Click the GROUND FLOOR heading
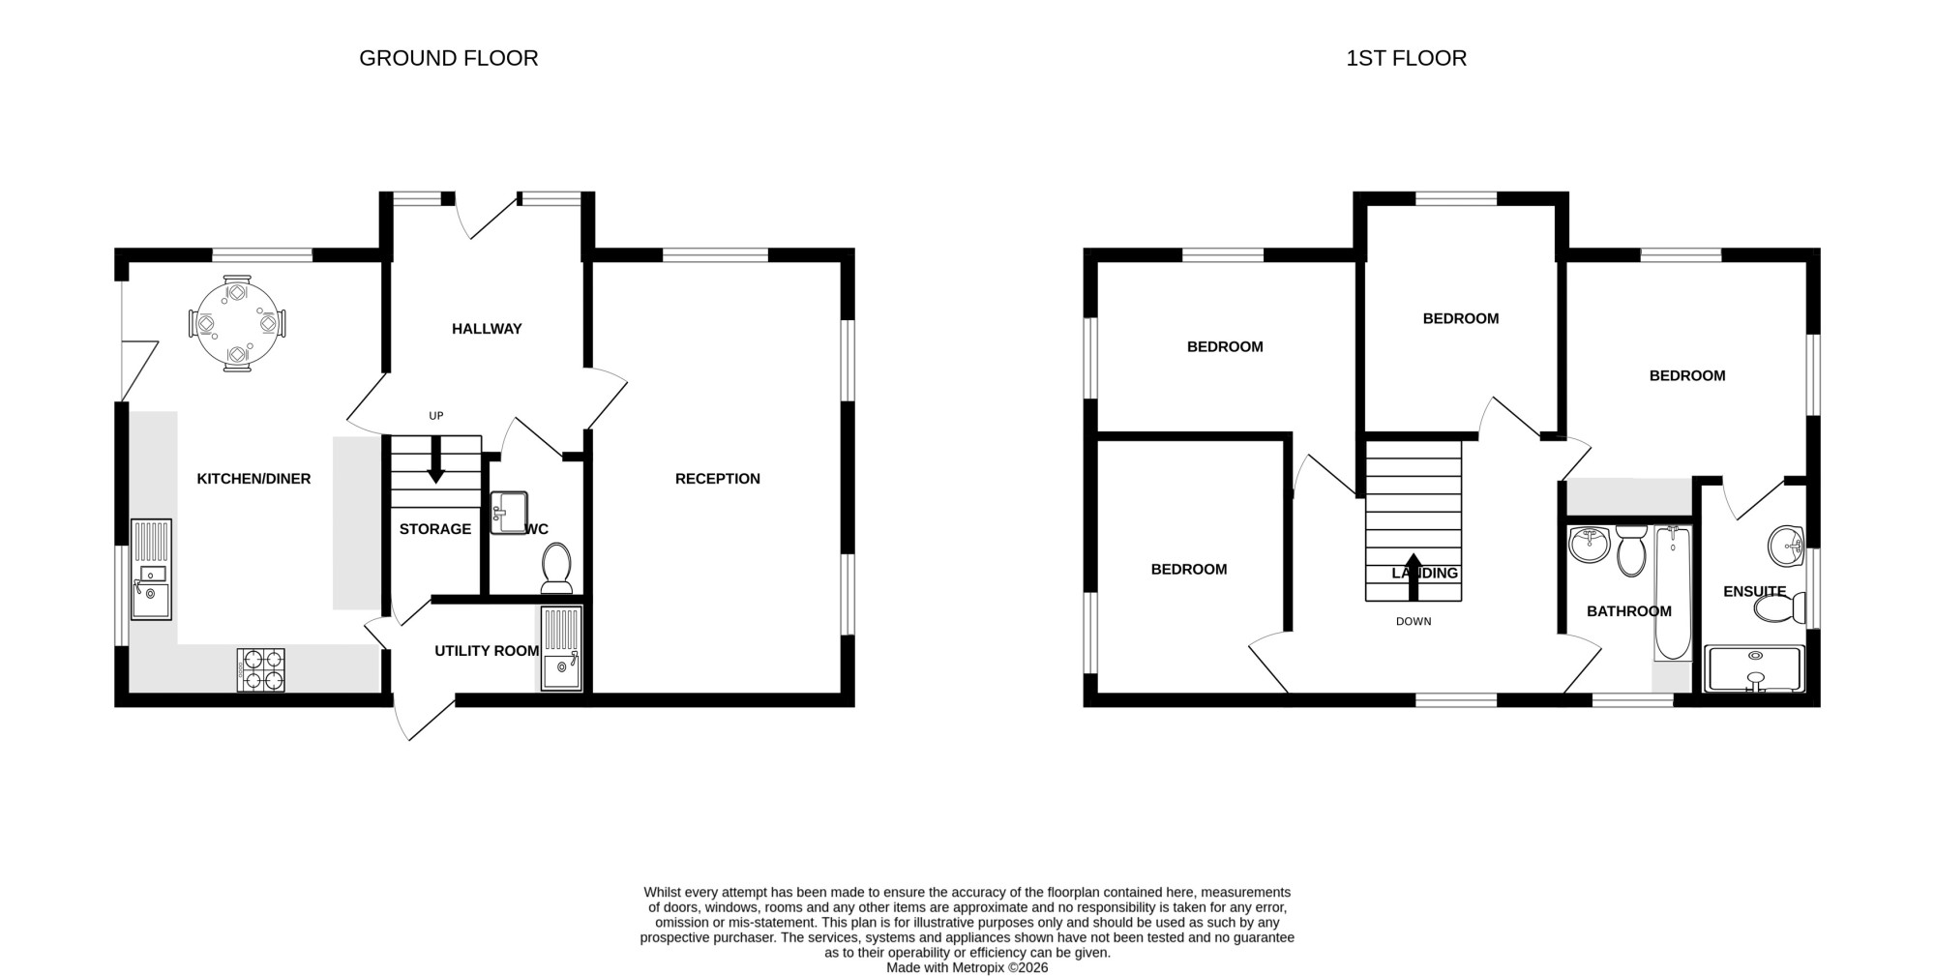point(448,58)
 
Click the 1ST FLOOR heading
point(1406,58)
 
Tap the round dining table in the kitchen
point(237,323)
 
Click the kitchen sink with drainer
point(151,569)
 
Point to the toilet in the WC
point(556,568)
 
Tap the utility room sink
point(561,648)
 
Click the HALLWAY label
point(487,329)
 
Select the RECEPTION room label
point(718,479)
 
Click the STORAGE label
point(435,529)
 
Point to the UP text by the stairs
point(436,416)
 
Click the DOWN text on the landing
point(1414,621)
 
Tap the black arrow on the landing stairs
point(1414,577)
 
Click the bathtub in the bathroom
point(1673,593)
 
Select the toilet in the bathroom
point(1631,550)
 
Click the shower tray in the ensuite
point(1755,669)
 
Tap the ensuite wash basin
point(1786,546)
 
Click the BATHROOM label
point(1629,611)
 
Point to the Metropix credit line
point(967,967)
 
